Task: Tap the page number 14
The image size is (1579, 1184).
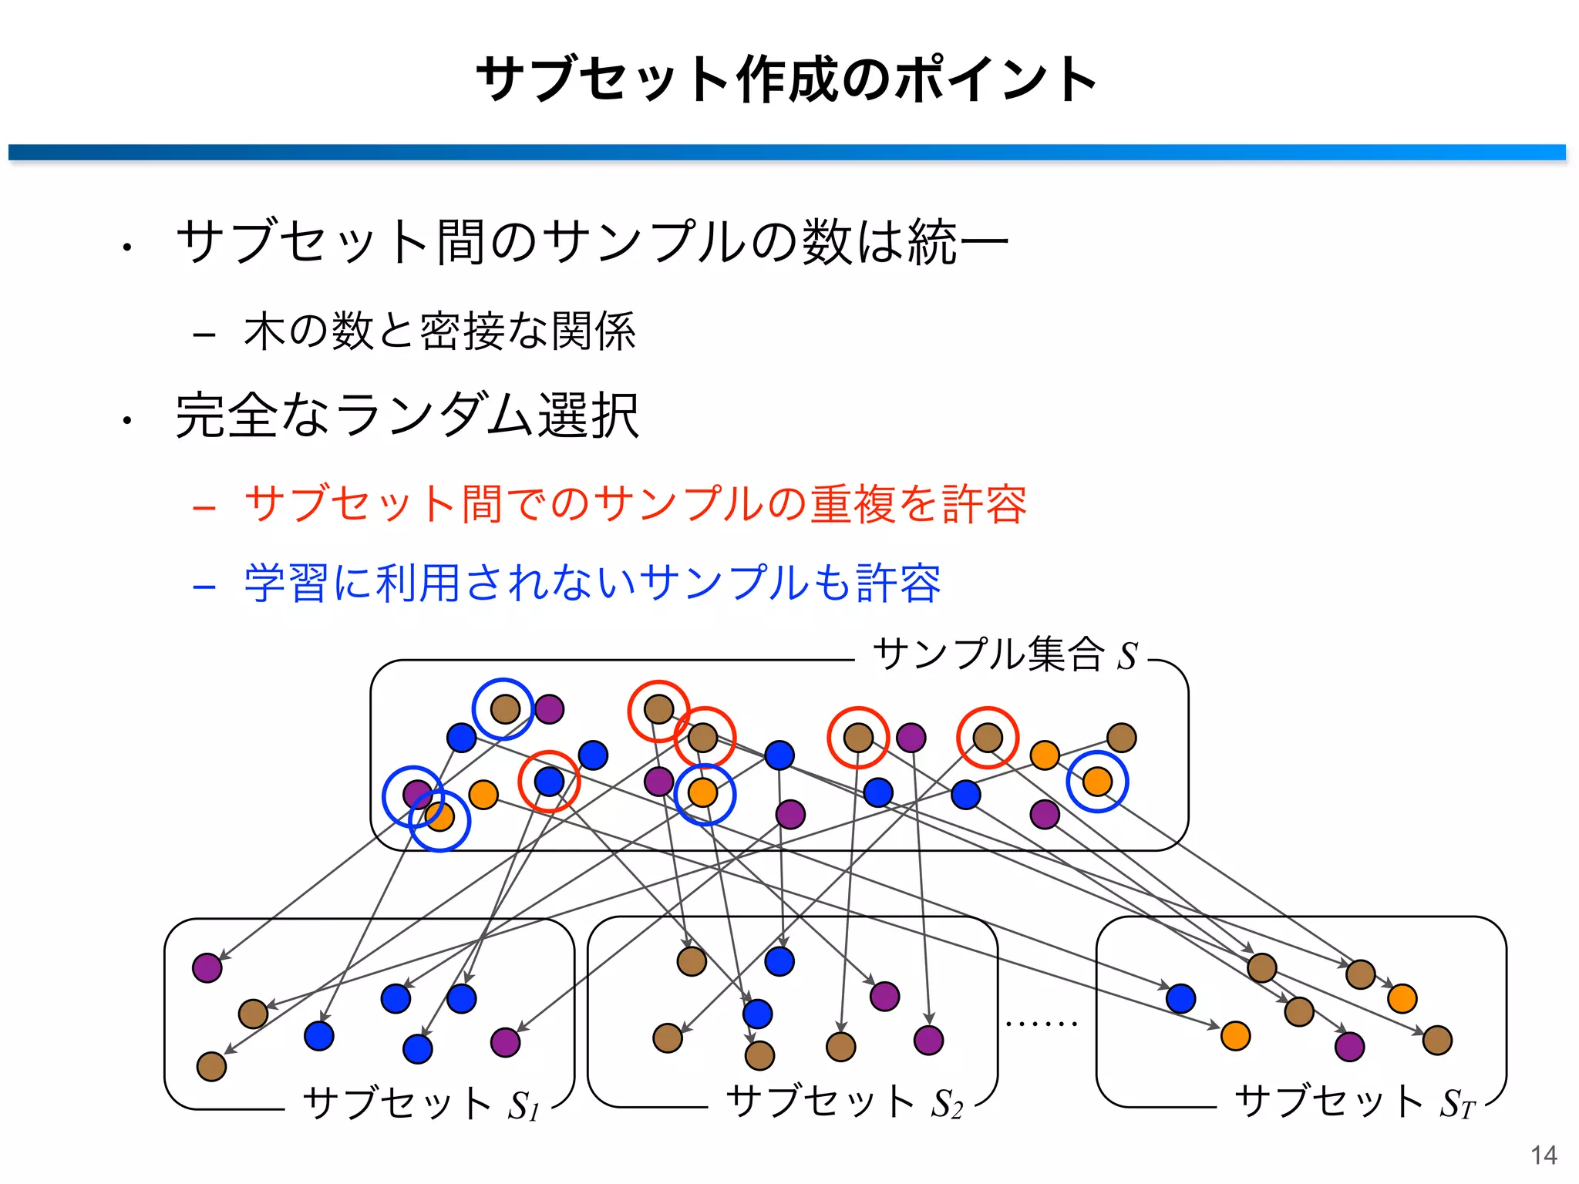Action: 1544,1155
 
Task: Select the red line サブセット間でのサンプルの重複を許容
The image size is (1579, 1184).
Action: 635,504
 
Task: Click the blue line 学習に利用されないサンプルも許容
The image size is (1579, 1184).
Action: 592,583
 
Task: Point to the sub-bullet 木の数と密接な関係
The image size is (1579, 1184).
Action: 439,331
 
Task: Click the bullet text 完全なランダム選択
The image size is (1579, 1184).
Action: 407,416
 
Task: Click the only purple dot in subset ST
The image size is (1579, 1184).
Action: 1349,1047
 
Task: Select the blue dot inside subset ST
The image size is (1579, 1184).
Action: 1180,998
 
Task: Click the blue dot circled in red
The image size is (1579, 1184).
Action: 549,782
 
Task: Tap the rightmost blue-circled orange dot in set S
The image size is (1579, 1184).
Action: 1097,782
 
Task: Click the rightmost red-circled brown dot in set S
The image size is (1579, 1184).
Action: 988,738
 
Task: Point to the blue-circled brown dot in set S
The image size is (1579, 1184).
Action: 504,708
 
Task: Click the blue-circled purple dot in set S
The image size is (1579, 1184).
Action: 416,794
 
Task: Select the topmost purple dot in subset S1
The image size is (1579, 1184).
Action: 207,967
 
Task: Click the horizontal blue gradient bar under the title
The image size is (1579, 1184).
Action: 786,152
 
